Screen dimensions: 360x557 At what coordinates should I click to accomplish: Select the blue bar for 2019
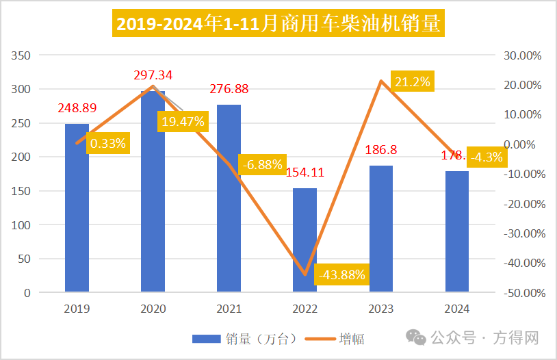pos(77,208)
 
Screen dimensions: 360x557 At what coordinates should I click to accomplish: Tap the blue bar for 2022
pos(305,240)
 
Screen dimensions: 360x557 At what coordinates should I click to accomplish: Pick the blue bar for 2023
pos(381,229)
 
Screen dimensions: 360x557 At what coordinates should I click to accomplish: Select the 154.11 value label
pos(305,172)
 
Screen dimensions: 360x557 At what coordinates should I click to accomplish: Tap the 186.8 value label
pos(381,149)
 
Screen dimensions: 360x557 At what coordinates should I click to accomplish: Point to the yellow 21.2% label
pos(413,82)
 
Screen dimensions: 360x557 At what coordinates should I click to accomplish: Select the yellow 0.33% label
pos(109,143)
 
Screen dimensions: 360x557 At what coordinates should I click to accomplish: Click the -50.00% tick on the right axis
pos(524,293)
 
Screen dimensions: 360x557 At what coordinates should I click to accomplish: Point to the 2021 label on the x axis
pos(229,309)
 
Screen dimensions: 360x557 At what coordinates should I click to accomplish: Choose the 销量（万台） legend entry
pos(244,338)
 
